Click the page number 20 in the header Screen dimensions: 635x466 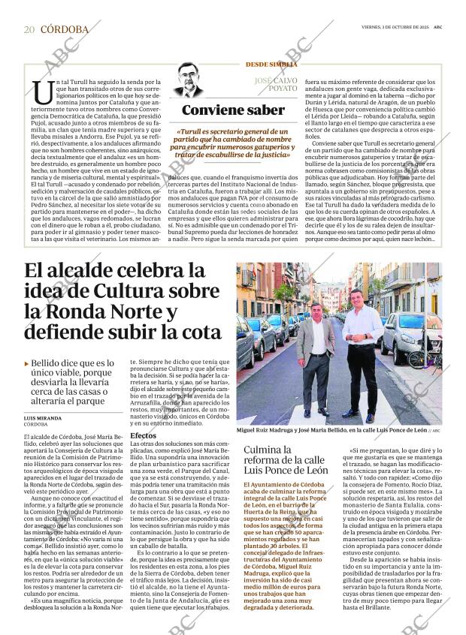[29, 30]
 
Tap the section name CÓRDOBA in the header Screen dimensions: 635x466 [64, 30]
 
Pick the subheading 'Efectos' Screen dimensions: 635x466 [143, 435]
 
